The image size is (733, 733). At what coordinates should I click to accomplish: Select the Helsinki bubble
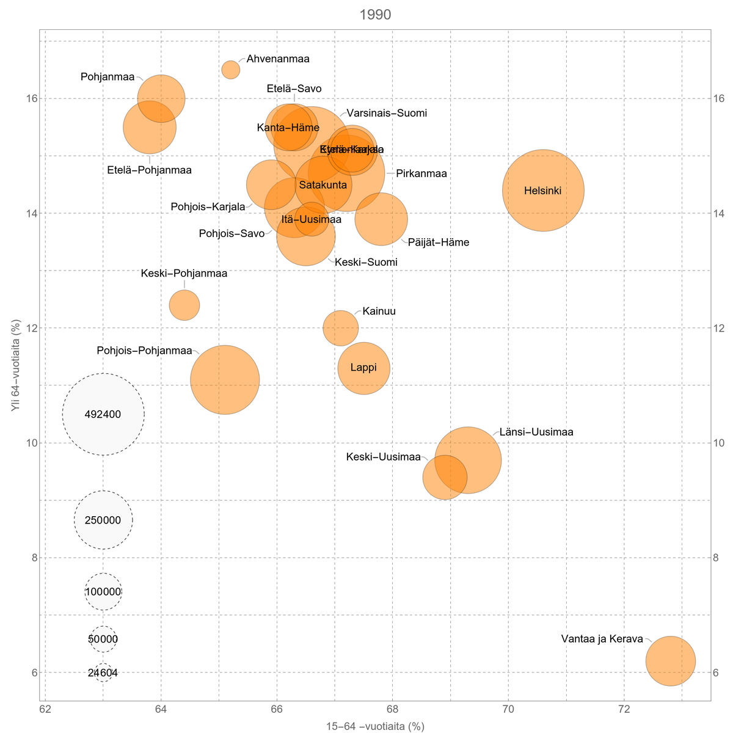[543, 191]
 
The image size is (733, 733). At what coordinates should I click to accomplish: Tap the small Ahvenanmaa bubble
[230, 70]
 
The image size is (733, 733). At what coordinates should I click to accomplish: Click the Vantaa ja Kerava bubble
[670, 661]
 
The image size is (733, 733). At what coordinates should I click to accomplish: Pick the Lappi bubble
[363, 368]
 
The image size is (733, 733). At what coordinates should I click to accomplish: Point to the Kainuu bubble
[340, 328]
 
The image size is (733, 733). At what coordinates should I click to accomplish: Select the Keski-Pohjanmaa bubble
[184, 305]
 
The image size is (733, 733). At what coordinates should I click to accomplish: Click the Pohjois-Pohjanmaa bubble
[225, 380]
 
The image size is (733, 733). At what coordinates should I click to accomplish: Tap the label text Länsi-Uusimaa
[536, 432]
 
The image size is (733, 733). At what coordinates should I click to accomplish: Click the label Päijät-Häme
[439, 243]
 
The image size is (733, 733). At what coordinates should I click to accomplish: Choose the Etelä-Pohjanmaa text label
[150, 170]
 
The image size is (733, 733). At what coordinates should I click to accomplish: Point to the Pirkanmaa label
[421, 174]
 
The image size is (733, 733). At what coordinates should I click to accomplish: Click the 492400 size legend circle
[103, 414]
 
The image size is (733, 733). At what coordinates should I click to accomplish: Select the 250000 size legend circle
[103, 520]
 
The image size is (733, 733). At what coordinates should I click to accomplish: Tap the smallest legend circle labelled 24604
[103, 673]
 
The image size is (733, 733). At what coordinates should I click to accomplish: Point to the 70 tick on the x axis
[508, 710]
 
